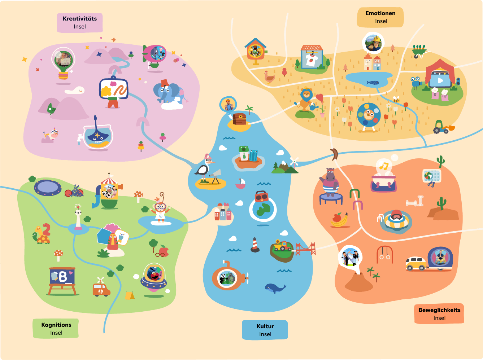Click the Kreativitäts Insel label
tap(80, 23)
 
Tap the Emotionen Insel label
tap(380, 17)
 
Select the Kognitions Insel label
tap(56, 328)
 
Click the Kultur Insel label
tap(265, 330)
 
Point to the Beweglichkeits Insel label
tap(439, 313)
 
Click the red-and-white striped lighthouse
tap(255, 245)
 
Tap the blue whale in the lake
tap(275, 288)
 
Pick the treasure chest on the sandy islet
tap(239, 119)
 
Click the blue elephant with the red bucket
tap(169, 93)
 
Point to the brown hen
tap(269, 77)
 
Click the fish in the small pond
tap(373, 83)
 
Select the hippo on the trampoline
tap(330, 182)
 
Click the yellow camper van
tap(415, 263)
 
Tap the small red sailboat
tap(240, 184)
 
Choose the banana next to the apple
tap(341, 221)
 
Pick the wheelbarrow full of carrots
tap(420, 52)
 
